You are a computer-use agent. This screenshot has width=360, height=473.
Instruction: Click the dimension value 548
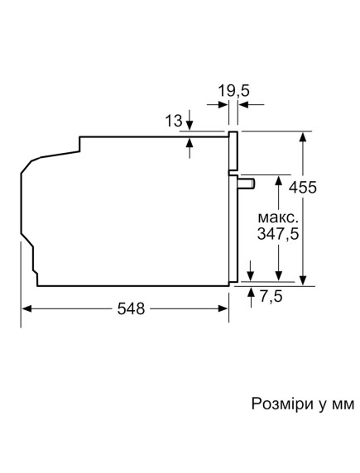(x=131, y=309)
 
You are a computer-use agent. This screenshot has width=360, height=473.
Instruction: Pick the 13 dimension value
(x=173, y=122)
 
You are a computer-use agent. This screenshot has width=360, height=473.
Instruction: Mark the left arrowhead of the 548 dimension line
(x=26, y=309)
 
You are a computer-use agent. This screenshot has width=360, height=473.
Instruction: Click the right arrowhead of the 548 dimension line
(x=224, y=309)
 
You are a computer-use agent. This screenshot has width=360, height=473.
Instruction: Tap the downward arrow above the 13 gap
(x=190, y=125)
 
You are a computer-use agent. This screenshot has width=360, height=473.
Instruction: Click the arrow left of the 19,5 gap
(x=223, y=105)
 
